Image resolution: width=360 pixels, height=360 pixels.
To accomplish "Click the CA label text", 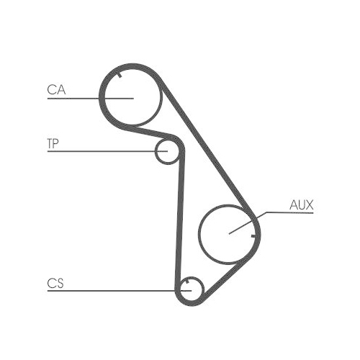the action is (56, 90).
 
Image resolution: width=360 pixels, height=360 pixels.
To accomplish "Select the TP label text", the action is (53, 143).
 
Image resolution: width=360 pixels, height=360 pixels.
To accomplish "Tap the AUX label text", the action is (302, 205).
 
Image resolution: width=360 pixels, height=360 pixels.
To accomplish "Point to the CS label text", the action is (55, 283).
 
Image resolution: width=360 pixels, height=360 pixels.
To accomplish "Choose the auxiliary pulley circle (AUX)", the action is (199, 235).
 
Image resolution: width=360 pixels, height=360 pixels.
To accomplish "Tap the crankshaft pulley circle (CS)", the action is (192, 277).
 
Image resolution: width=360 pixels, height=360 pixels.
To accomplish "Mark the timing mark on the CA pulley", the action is (120, 75).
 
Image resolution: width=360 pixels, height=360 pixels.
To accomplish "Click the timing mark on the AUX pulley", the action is (253, 236).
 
